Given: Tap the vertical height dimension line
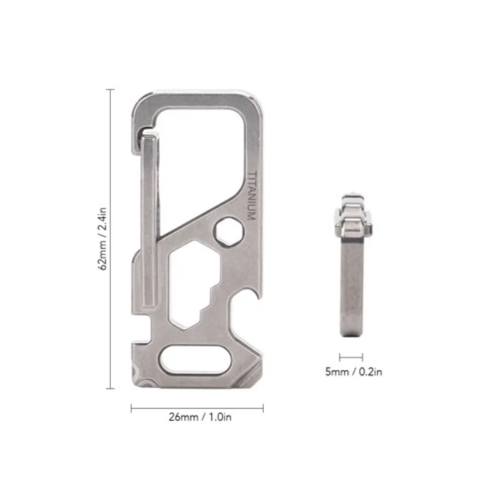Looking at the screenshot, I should coord(111,239).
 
